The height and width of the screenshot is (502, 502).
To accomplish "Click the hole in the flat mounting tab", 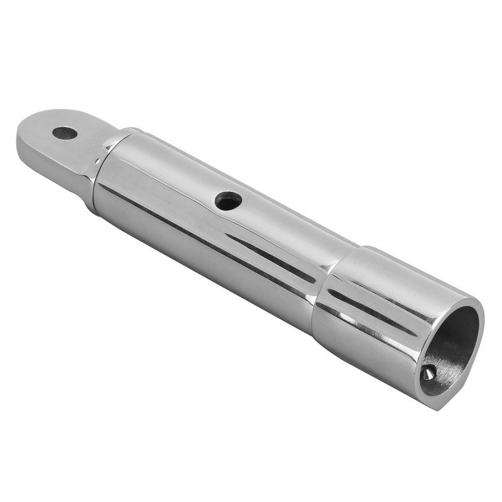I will coord(65,133).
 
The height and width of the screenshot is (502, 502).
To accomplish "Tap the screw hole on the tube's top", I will coord(228,201).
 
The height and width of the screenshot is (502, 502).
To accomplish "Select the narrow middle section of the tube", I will coord(207,232).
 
